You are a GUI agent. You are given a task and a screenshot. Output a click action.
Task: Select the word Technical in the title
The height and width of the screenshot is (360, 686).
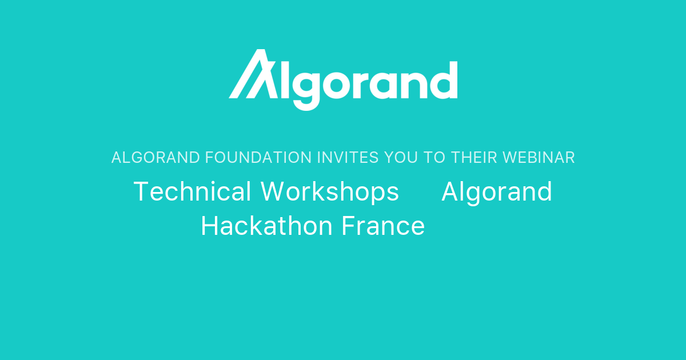click(192, 191)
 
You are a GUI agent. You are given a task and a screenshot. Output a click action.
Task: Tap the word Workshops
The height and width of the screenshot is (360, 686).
click(330, 191)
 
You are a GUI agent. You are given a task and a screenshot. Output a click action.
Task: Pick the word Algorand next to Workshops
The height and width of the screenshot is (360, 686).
click(497, 191)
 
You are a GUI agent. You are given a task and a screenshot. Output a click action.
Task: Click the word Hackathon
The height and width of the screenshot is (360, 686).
click(266, 226)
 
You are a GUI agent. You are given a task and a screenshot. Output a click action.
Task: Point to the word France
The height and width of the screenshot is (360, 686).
click(383, 226)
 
